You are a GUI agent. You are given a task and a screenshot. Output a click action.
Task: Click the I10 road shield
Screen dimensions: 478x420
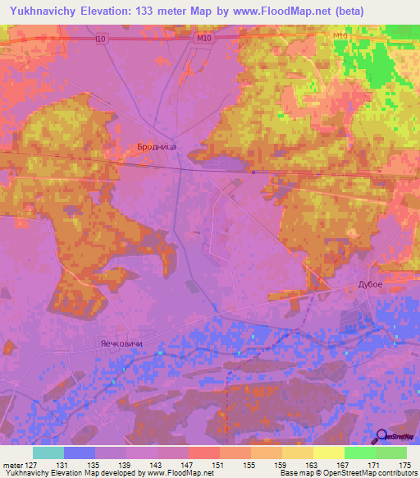[100, 38]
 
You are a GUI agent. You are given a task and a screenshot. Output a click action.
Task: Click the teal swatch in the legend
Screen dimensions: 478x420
[48, 453]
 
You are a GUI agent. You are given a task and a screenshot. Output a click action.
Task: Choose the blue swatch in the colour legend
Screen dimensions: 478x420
[80, 453]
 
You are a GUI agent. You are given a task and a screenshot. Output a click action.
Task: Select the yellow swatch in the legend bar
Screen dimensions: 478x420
[328, 453]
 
